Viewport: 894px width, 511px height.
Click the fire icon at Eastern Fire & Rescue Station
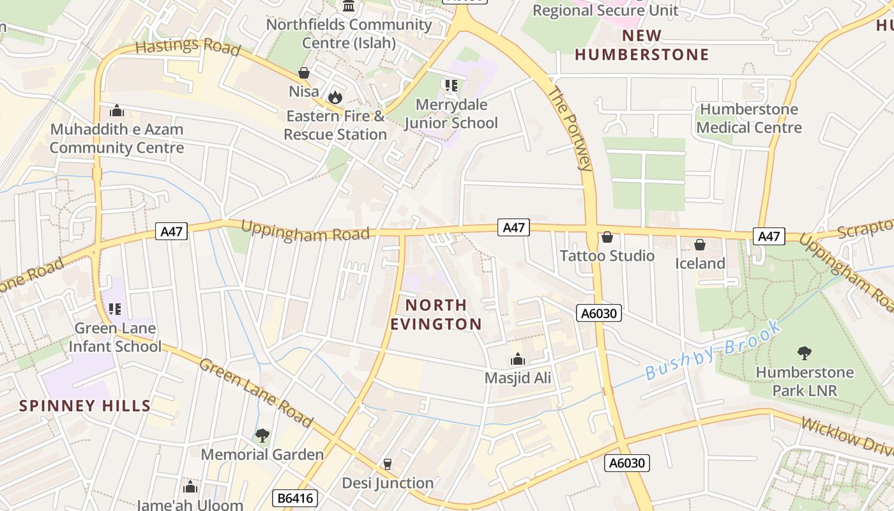tap(335, 98)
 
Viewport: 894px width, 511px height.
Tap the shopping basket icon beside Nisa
tap(304, 73)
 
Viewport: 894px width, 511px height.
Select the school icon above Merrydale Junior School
tap(451, 85)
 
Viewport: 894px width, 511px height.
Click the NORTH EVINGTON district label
tap(436, 314)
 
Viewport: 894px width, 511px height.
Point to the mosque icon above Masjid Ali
tap(518, 360)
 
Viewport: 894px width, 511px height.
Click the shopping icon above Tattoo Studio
tap(607, 238)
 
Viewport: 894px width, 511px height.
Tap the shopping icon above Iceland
tap(700, 245)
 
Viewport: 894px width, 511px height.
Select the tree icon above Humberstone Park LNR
tap(804, 353)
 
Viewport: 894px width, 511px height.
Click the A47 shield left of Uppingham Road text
tap(172, 231)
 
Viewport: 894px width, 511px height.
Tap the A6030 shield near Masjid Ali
tap(598, 313)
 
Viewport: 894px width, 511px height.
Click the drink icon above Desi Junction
tap(388, 464)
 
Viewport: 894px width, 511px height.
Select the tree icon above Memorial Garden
tap(262, 436)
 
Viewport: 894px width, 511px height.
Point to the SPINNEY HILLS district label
tap(85, 406)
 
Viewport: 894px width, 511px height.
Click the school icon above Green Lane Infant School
tap(115, 310)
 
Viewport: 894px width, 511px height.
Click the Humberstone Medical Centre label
tap(749, 118)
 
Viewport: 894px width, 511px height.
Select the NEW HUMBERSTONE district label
tap(642, 45)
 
